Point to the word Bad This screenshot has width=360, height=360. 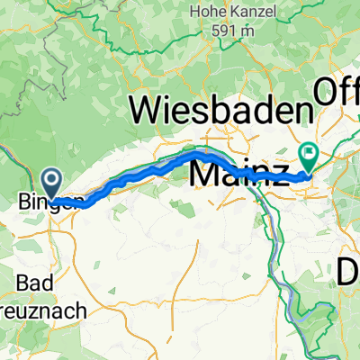[32, 283]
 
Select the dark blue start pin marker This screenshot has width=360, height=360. [51, 183]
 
